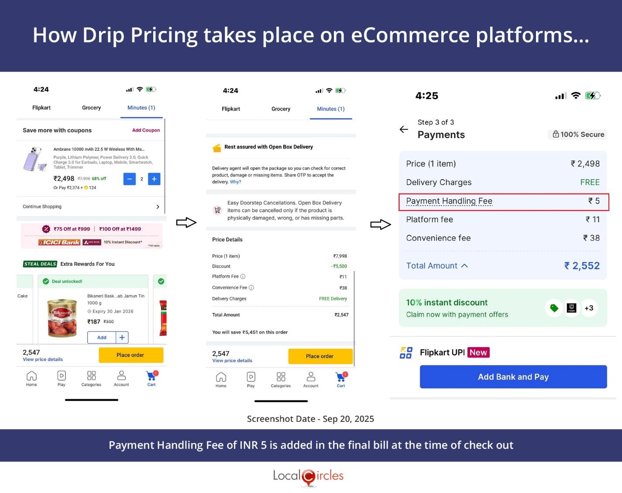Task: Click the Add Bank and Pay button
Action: coord(513,377)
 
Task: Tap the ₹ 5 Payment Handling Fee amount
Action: coord(594,201)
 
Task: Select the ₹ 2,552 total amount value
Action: coord(582,265)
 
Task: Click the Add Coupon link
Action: coord(146,130)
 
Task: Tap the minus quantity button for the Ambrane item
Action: coord(130,179)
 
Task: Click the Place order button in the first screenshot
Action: coord(131,355)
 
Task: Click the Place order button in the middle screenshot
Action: coord(320,356)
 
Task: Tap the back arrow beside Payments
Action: coord(404,129)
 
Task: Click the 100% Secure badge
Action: coord(578,134)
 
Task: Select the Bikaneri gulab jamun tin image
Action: coord(62,318)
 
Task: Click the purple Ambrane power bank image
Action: coord(35,160)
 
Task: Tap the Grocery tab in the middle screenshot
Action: coord(281,109)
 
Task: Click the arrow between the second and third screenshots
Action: coord(380,224)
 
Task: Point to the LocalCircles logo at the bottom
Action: coord(308,476)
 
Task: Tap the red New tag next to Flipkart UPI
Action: coord(478,352)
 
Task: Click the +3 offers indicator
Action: coord(589,308)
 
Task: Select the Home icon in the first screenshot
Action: coord(31,378)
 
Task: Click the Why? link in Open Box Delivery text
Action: coord(235,182)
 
